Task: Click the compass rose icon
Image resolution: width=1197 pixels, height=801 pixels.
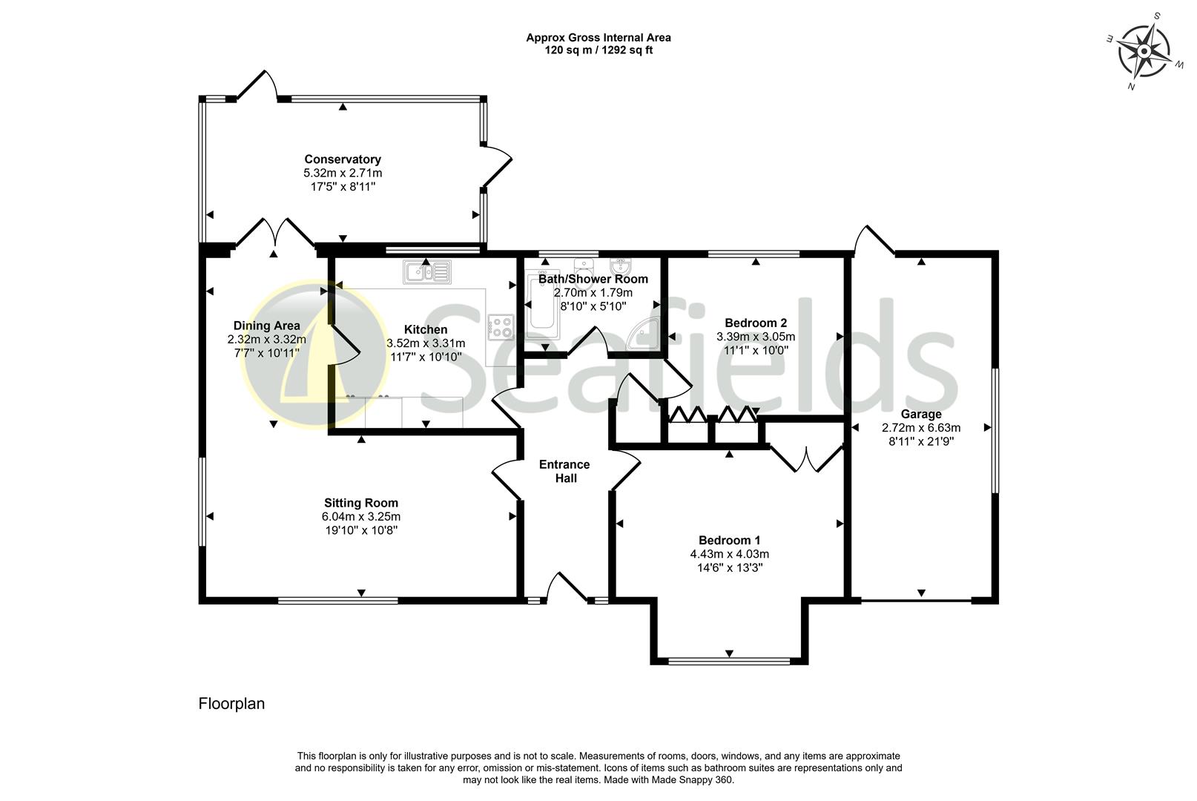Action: click(x=1144, y=51)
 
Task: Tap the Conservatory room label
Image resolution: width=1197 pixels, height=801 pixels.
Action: click(x=343, y=159)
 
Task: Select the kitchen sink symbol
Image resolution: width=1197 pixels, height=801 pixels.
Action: click(x=427, y=272)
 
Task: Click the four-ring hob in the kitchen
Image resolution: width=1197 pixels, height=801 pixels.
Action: click(x=501, y=327)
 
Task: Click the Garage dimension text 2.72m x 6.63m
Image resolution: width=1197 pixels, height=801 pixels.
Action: click(x=920, y=428)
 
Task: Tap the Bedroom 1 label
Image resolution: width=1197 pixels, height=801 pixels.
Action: click(x=729, y=540)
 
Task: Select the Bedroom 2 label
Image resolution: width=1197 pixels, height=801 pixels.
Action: click(x=755, y=323)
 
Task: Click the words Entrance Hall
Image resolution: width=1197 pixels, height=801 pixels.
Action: click(x=564, y=471)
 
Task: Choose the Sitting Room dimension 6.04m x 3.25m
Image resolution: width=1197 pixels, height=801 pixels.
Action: click(x=361, y=517)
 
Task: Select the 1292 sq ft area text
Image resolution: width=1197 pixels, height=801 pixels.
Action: click(x=626, y=50)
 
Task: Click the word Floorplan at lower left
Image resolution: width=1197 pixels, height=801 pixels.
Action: click(x=231, y=704)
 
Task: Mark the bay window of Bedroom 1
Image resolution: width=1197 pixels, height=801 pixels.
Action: click(x=729, y=659)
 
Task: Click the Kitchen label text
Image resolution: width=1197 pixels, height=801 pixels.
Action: click(x=426, y=329)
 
